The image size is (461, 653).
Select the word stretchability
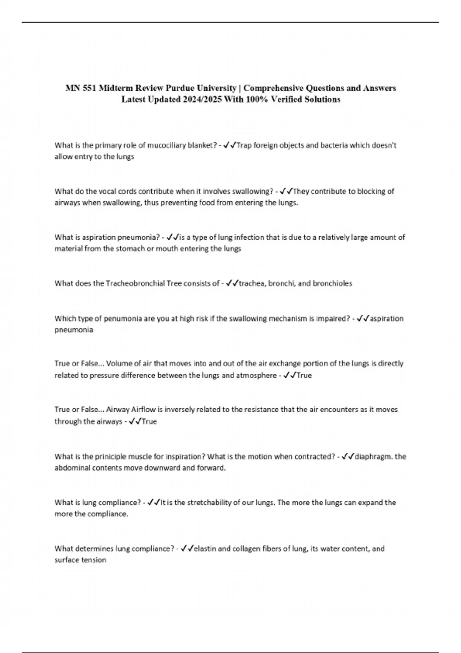(x=211, y=502)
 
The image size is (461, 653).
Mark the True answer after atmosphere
(x=304, y=375)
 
